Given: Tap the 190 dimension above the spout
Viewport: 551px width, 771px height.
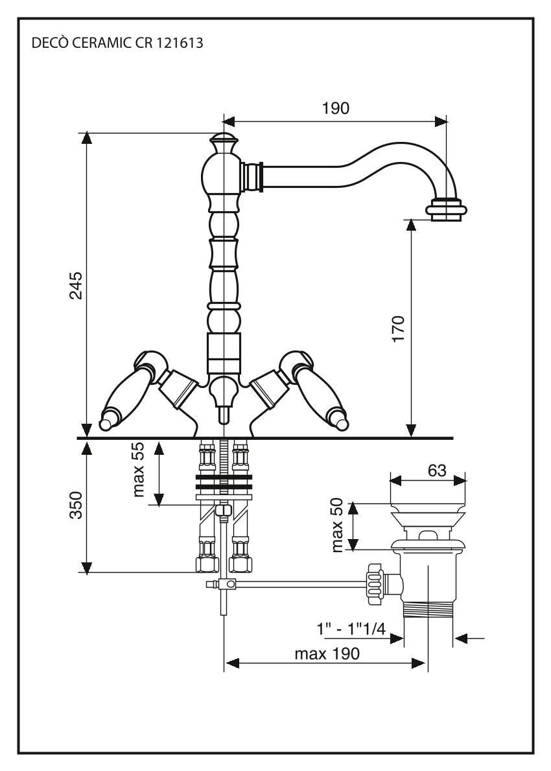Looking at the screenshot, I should [336, 108].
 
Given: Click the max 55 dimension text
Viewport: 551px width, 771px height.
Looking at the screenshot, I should [139, 470].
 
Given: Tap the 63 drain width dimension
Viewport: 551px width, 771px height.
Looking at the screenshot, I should [437, 471].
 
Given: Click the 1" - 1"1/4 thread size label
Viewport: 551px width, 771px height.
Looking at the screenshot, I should [351, 629].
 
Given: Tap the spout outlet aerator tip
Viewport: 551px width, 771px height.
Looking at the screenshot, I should [446, 211].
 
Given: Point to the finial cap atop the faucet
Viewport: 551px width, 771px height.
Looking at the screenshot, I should [223, 140].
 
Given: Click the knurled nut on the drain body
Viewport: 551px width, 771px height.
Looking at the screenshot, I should [375, 584].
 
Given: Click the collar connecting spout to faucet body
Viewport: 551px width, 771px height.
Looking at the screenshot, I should [252, 176].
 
